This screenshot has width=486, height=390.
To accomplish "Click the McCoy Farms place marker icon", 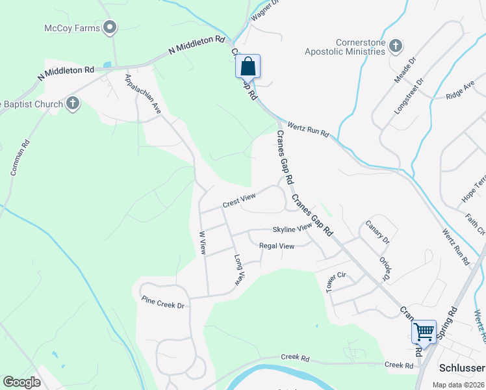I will (110, 28).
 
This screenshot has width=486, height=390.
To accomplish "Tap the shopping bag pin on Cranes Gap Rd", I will (248, 66).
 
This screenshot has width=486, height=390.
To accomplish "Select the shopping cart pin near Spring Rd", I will (424, 331).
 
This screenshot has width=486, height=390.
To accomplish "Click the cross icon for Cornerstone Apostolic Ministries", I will (395, 45).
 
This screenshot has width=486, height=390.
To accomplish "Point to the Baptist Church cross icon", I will (72, 103).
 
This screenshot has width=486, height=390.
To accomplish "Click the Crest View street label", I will (238, 202).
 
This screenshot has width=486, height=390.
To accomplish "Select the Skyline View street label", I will (292, 229).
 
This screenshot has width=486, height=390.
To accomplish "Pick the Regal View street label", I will (277, 246).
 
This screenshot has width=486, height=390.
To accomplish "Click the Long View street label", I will (239, 270).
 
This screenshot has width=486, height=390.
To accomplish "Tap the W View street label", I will (203, 242).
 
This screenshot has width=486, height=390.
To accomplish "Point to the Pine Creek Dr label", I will (163, 302).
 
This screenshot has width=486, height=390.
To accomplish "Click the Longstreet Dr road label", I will (409, 95).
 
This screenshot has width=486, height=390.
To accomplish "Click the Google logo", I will (22, 382).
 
